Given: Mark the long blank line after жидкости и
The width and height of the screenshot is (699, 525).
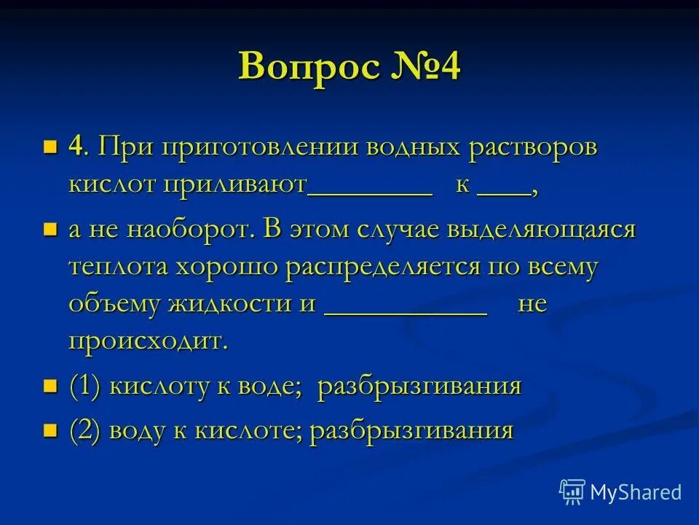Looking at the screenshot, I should pos(405,312).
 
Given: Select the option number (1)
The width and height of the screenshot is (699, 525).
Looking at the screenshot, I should pos(85,386).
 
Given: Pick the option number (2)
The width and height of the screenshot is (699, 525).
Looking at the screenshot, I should pos(85,430).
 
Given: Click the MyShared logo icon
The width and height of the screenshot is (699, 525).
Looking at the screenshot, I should pos(572,491).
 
